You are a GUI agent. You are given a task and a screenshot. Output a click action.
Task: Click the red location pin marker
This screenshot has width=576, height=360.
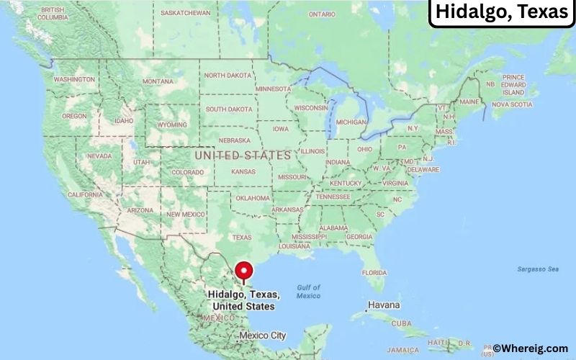pos(246,272)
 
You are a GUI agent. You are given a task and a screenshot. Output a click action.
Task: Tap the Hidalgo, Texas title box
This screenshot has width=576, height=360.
pos(501,13)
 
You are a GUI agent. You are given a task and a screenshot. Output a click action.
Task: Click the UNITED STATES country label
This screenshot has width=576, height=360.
pos(243,155)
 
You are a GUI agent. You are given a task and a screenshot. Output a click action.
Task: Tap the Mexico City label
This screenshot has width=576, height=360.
pos(262,335)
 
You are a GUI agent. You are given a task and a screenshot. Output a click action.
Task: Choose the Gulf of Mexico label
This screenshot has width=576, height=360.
pos(308,292)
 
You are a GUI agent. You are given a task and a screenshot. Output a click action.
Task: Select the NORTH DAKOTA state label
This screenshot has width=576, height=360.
pos(228,75)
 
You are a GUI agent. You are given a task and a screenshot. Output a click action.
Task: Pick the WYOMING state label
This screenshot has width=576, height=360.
pos(172,124)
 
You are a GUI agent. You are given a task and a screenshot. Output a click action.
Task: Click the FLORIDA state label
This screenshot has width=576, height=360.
pos(374,272)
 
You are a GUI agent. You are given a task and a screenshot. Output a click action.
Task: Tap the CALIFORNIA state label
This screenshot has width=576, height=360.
pos(85,194)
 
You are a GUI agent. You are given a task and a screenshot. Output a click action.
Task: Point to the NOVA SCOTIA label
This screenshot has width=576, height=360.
pos(512,104)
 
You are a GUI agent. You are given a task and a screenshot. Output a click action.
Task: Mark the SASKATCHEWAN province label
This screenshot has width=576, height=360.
pos(186,13)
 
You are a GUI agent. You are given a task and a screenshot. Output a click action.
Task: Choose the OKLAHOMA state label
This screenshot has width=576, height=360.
pos(252,198)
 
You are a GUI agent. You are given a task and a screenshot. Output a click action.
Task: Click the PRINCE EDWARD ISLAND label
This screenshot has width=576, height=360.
pos(513,84)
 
